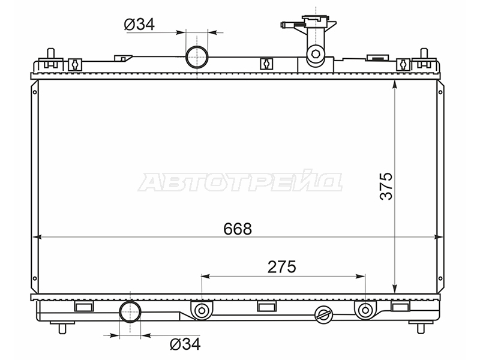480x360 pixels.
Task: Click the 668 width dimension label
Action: (x=238, y=229)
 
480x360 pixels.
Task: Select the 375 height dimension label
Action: (x=386, y=186)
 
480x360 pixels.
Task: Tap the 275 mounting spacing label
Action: (x=281, y=267)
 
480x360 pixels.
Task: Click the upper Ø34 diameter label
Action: (x=139, y=24)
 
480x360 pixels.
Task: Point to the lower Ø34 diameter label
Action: (x=185, y=344)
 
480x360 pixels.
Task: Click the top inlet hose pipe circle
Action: (x=197, y=57)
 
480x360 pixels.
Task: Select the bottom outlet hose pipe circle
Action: (x=130, y=311)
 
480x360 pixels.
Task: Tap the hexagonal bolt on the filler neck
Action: (x=316, y=54)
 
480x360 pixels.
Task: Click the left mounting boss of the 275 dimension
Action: (x=202, y=310)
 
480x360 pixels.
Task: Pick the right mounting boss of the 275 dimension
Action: (x=365, y=310)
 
